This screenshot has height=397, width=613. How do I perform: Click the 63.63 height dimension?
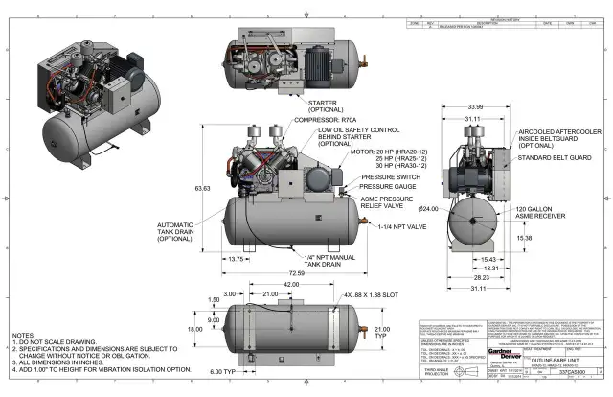pos(202,188)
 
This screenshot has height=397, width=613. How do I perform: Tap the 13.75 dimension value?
pos(235,258)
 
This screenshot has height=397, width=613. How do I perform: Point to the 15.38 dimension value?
pos(525,238)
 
